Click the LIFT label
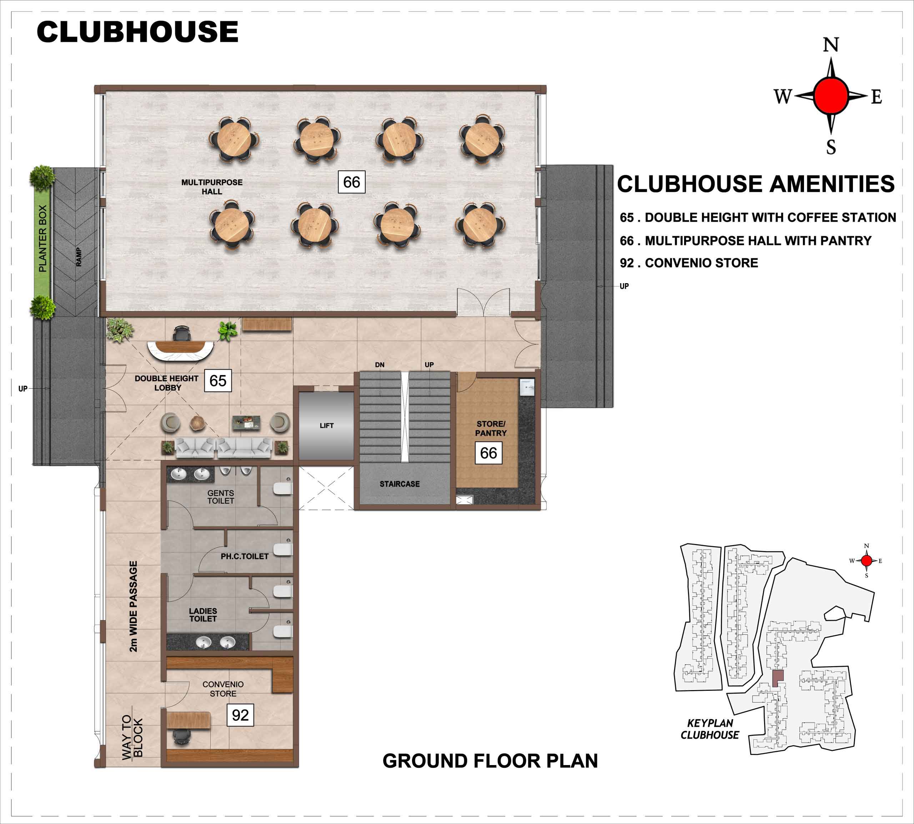[326, 426]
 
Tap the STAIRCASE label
[400, 484]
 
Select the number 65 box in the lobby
[218, 380]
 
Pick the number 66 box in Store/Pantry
[488, 453]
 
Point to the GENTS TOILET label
[221, 497]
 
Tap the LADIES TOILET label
[203, 614]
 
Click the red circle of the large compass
[831, 95]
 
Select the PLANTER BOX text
[42, 239]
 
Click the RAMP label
[79, 257]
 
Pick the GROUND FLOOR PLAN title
[490, 761]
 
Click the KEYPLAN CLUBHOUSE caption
[709, 729]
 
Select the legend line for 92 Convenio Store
[689, 263]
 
